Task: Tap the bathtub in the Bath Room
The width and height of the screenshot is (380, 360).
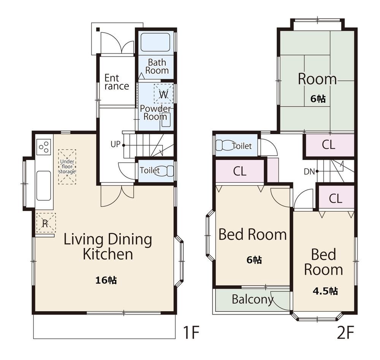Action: click(155, 42)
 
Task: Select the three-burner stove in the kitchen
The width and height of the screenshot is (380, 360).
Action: click(44, 147)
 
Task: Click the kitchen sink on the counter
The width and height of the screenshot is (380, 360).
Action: click(44, 186)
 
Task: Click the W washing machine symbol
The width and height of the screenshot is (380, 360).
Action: click(163, 94)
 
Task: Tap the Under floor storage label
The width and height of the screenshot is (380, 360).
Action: click(67, 167)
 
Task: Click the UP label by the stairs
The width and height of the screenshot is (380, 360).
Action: click(116, 144)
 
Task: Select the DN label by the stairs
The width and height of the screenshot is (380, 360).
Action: click(309, 172)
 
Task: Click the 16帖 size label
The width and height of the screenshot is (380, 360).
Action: click(106, 280)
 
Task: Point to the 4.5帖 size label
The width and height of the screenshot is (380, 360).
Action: click(325, 291)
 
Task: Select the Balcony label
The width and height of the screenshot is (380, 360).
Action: click(253, 300)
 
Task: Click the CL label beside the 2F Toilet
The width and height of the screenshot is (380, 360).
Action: click(240, 171)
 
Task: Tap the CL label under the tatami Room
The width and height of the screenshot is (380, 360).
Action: click(329, 145)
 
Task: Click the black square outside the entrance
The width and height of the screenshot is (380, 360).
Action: click(98, 30)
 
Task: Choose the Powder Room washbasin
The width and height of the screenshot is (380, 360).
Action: click(166, 120)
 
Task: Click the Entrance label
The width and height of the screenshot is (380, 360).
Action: click(117, 82)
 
